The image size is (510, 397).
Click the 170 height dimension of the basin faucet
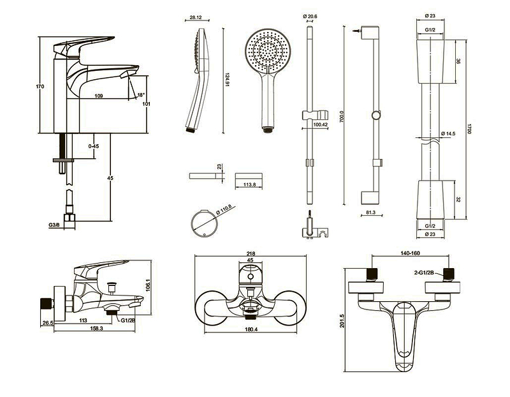[40, 87]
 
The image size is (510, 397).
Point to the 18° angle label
[141, 95]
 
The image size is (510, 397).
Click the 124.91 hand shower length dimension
[227, 80]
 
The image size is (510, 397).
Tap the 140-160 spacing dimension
[411, 253]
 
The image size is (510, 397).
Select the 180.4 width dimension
[251, 330]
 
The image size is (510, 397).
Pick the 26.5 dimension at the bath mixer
[47, 323]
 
